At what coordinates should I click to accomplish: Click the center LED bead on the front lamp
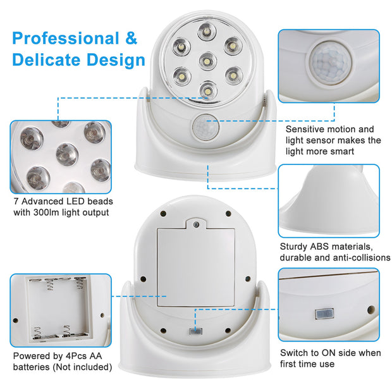[205, 61]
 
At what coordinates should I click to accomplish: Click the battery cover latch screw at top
[196, 224]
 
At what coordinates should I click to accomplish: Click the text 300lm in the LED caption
[68, 212]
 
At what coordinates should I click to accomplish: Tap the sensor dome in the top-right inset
[329, 61]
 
